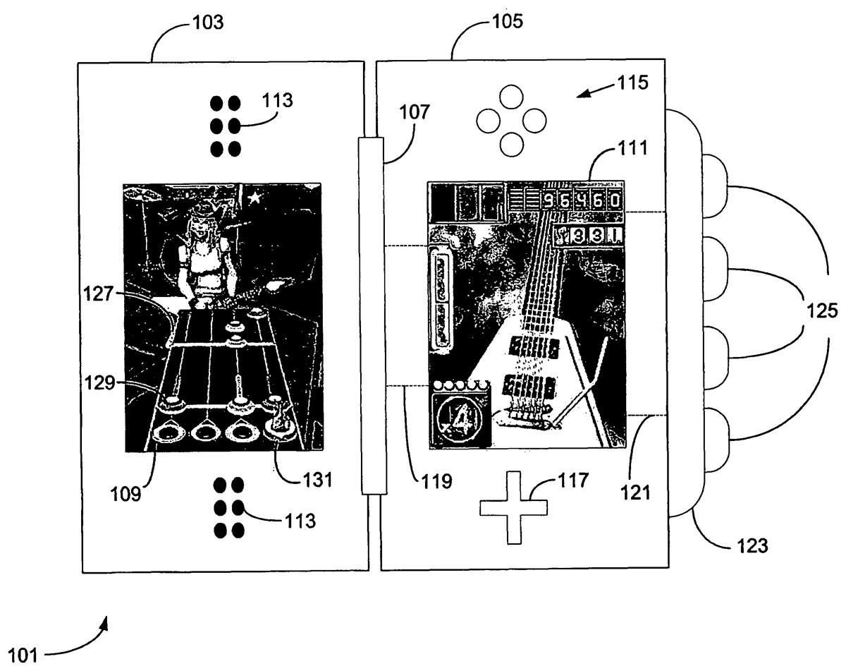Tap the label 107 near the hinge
point(417,112)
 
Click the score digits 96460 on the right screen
point(582,200)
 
